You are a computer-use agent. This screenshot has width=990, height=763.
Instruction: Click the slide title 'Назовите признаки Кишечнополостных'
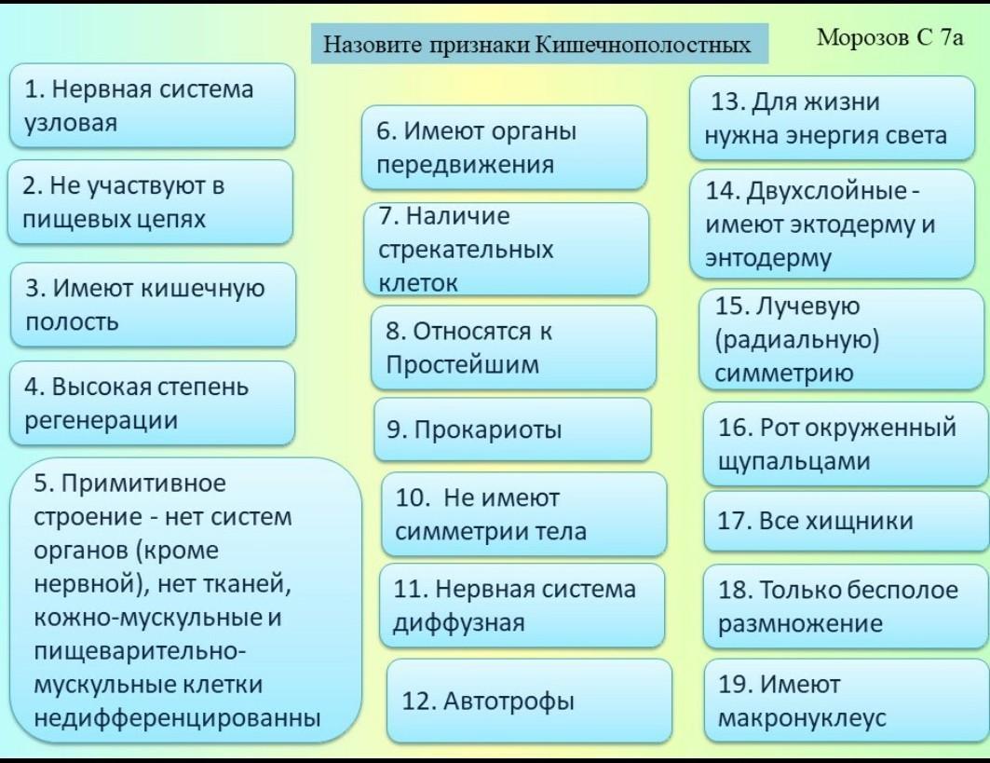click(x=537, y=44)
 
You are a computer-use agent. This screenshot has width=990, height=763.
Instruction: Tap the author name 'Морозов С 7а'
click(x=890, y=37)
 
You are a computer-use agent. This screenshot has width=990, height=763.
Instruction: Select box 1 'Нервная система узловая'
click(x=152, y=105)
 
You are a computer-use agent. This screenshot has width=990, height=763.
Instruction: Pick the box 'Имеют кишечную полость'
click(x=153, y=305)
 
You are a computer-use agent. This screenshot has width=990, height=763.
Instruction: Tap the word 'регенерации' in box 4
click(x=101, y=420)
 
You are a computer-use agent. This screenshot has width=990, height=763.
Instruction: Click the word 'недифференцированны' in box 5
click(x=177, y=717)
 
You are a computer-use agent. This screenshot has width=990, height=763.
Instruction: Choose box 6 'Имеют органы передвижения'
click(x=505, y=148)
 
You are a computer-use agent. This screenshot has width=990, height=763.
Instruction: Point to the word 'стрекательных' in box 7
click(x=466, y=250)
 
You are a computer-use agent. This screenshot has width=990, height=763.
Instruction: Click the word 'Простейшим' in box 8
click(x=463, y=365)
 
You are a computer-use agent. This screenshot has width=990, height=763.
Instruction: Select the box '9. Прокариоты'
click(x=512, y=429)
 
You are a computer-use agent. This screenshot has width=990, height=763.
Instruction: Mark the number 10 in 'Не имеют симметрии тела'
click(x=413, y=498)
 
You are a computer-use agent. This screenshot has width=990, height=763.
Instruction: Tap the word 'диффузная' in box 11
click(x=458, y=622)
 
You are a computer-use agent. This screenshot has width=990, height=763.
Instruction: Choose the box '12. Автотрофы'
click(x=529, y=702)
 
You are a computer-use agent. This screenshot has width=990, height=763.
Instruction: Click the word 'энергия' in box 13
click(x=831, y=136)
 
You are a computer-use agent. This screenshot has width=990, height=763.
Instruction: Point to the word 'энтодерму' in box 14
click(x=768, y=258)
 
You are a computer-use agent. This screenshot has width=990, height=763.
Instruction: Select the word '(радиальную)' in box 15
click(x=797, y=340)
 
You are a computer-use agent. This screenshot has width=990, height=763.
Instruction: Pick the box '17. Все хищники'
click(x=846, y=521)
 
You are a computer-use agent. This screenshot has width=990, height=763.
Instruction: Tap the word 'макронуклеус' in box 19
click(x=802, y=718)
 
